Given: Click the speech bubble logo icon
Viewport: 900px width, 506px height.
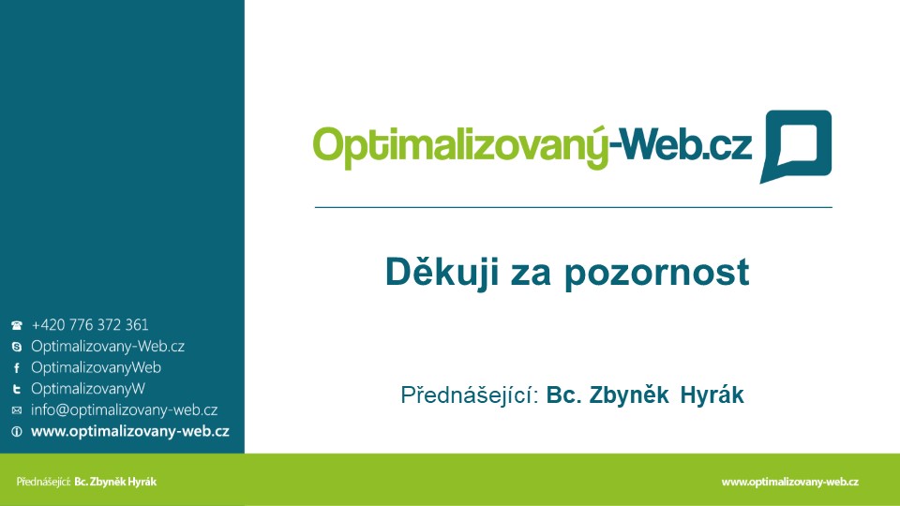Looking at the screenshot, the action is click(x=796, y=146).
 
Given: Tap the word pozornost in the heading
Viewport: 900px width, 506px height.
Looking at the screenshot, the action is click(x=656, y=273).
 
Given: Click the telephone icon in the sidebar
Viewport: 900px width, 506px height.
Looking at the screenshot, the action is click(x=17, y=325).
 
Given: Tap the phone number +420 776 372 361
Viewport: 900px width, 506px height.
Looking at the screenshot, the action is click(x=90, y=325).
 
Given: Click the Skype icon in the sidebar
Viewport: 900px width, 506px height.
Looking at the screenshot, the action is click(x=17, y=347).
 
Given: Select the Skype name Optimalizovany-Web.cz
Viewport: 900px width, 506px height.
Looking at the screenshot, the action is click(x=108, y=347).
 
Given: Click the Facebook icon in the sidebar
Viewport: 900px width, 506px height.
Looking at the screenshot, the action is click(x=17, y=367).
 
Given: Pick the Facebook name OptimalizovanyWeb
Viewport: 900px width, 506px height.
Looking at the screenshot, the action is click(x=96, y=367).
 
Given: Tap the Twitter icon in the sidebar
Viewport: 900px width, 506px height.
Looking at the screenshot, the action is click(x=17, y=389).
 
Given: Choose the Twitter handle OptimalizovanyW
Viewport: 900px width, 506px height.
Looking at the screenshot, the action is click(x=88, y=389).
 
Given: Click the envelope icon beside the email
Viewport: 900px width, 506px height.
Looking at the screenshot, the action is click(x=17, y=410).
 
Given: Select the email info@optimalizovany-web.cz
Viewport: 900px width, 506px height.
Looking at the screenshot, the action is click(x=124, y=410).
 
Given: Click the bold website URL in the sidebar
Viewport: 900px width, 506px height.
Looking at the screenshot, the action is click(x=129, y=431).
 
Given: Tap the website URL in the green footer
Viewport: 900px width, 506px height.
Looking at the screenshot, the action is click(x=789, y=482).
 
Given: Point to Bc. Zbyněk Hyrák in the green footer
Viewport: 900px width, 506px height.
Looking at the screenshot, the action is click(x=115, y=482).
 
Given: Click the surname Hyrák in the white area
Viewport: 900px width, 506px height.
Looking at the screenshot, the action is click(x=712, y=395).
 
